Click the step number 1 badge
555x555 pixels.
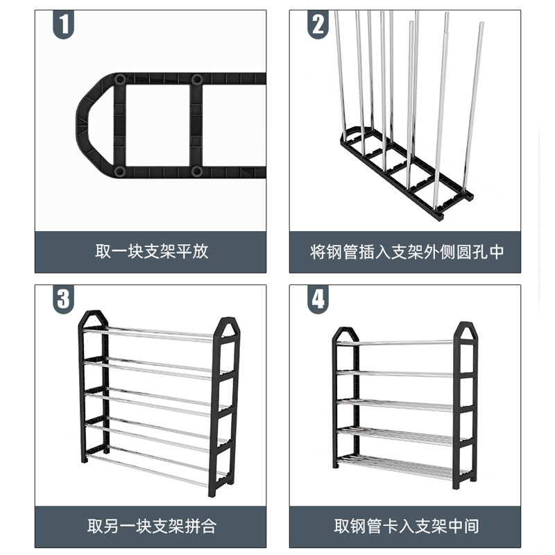pyautogui.click(x=63, y=25)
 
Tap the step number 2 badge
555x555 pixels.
pyautogui.click(x=318, y=25)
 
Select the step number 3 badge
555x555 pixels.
pyautogui.click(x=63, y=300)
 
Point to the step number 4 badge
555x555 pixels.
pyautogui.click(x=318, y=300)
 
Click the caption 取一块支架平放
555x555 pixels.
pyautogui.click(x=151, y=251)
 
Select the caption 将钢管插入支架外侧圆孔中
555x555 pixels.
pyautogui.click(x=406, y=251)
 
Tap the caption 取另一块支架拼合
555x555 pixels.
pyautogui.click(x=151, y=526)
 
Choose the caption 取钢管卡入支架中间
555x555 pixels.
pyautogui.click(x=406, y=526)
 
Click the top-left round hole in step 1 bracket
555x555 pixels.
pyautogui.click(x=120, y=80)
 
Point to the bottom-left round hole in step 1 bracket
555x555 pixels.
pyautogui.click(x=120, y=171)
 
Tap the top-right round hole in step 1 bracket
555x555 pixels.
pyautogui.click(x=196, y=80)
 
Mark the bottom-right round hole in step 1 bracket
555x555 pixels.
pyautogui.click(x=196, y=171)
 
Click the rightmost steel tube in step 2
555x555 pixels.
pyautogui.click(x=475, y=104)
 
